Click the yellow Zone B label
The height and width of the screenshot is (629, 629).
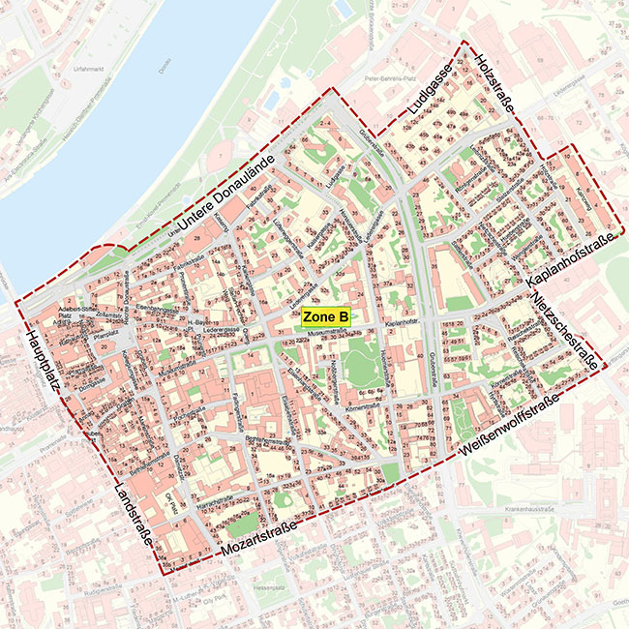click(x=325, y=316)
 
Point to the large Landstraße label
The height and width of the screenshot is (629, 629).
click(x=137, y=512)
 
